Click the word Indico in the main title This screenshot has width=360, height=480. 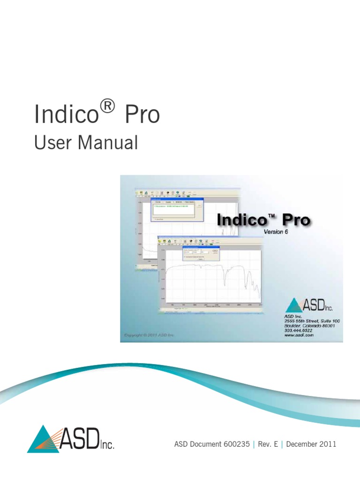(66, 115)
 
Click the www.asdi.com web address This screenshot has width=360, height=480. (299, 336)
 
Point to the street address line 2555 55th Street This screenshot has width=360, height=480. (311, 321)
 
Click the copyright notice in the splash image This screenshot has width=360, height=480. (149, 335)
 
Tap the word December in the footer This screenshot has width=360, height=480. (301, 444)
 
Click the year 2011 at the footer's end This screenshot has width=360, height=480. (328, 444)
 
